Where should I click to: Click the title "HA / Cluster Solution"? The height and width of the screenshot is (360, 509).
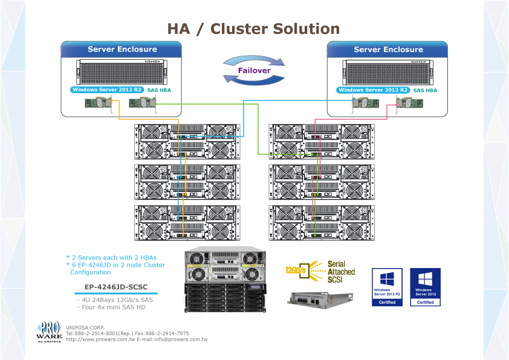click(253, 28)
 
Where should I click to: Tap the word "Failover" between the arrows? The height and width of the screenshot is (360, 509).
click(253, 71)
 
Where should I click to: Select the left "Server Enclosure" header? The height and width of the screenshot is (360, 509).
click(122, 50)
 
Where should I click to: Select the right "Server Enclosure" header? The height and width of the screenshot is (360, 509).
click(388, 50)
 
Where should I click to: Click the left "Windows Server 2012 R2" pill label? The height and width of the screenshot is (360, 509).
click(107, 90)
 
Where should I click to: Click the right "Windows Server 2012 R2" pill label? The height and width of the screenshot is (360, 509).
click(373, 90)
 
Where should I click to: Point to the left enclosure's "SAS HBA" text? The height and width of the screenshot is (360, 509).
click(160, 90)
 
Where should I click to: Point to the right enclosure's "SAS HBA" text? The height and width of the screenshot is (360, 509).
click(425, 90)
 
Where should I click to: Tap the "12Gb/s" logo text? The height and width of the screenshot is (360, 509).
click(296, 270)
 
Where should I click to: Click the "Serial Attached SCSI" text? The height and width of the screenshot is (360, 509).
click(341, 272)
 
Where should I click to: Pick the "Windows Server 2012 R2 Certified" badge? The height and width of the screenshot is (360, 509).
click(387, 287)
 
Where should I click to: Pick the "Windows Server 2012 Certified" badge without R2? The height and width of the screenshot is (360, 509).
click(425, 287)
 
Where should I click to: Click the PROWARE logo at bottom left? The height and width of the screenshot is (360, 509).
click(50, 330)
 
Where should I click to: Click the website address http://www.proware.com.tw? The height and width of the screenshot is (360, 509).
click(100, 339)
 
